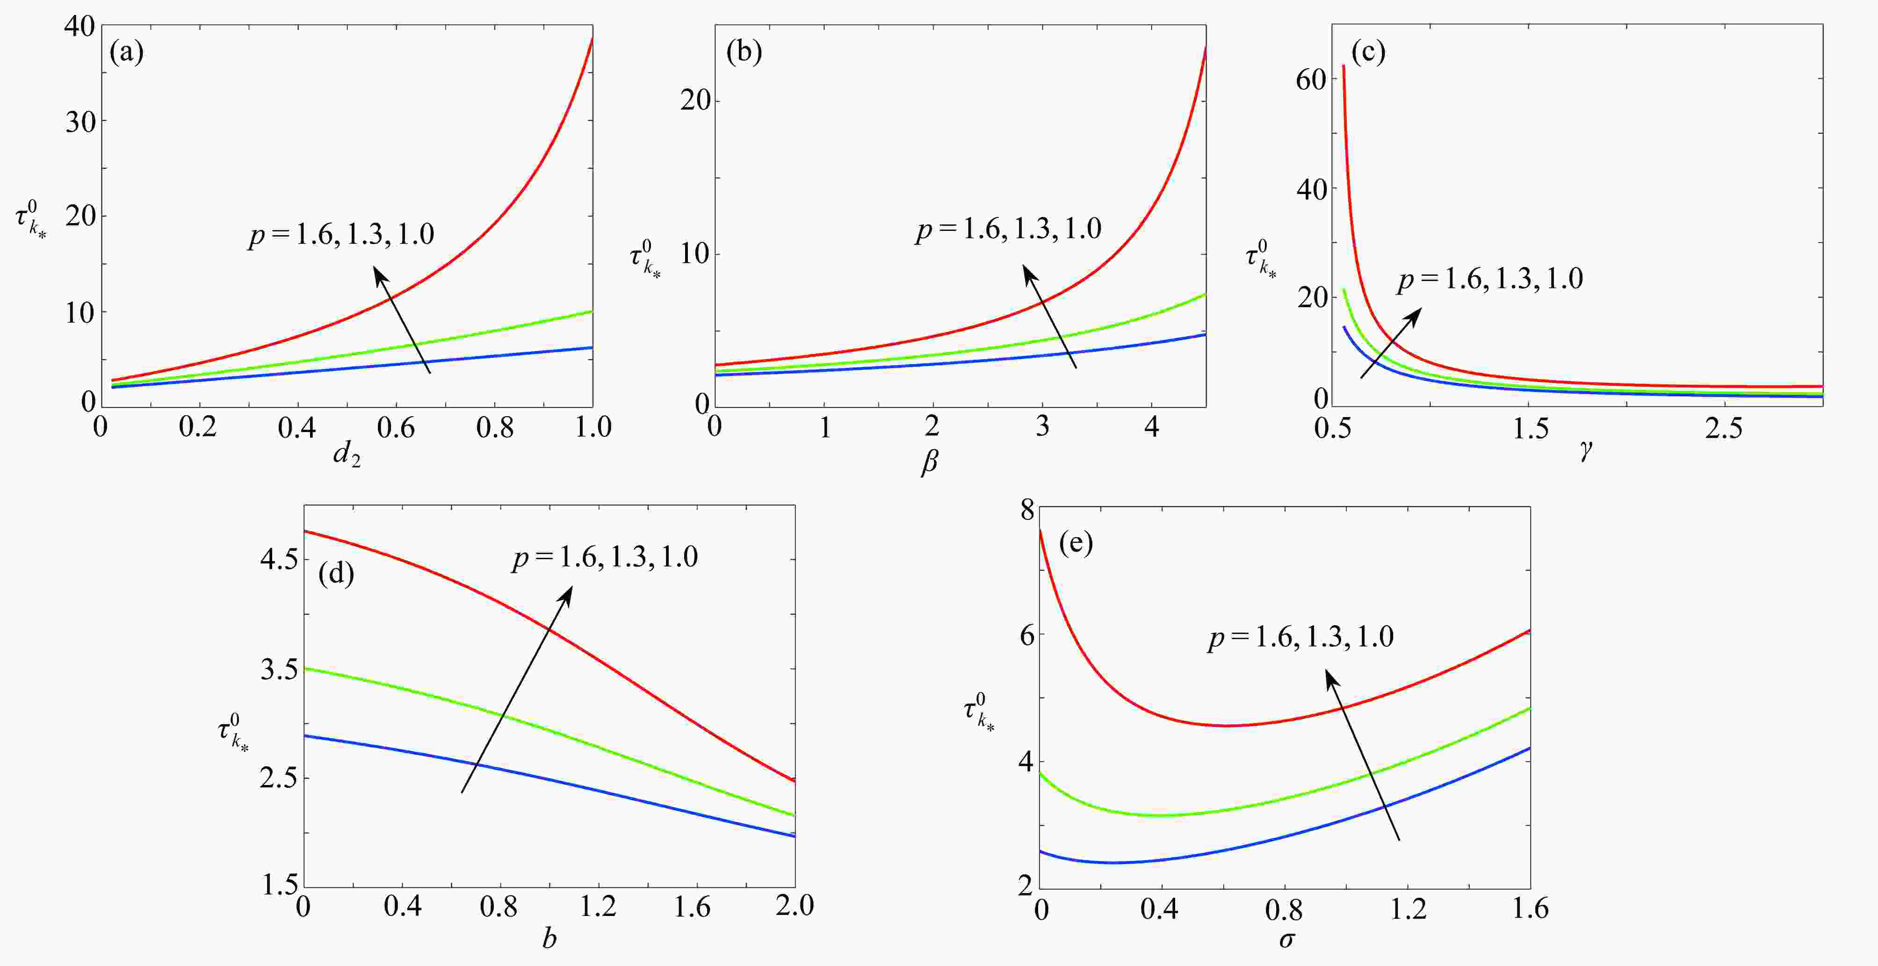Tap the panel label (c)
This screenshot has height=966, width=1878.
pyautogui.click(x=1368, y=52)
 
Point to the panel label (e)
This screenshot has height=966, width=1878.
pyautogui.click(x=1076, y=543)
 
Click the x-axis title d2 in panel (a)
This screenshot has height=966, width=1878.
pyautogui.click(x=347, y=456)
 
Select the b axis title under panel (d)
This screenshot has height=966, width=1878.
pyautogui.click(x=549, y=939)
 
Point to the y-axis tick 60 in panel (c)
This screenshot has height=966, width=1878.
pyautogui.click(x=1310, y=79)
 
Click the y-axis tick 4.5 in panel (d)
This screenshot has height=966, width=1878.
pyautogui.click(x=279, y=560)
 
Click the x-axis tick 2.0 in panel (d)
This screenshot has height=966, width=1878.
pyautogui.click(x=794, y=906)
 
